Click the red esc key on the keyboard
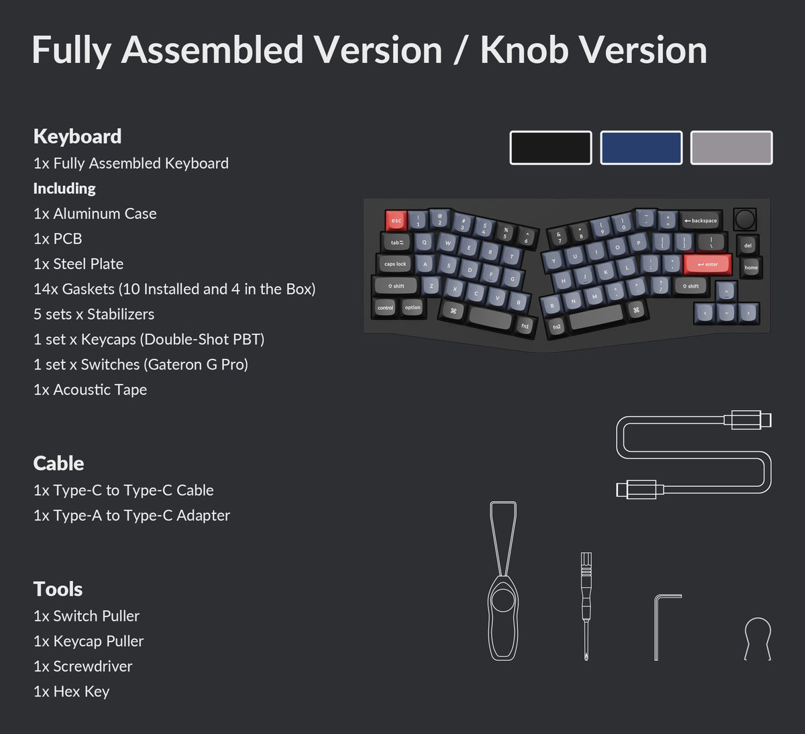coord(396,220)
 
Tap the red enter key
coord(707,264)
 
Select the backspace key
coord(700,220)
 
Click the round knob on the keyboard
coord(745,219)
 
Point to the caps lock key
coord(395,264)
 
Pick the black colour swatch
coord(551,148)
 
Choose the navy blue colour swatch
coord(641,148)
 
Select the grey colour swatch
coord(731,148)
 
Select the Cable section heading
coord(58,463)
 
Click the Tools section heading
coord(58,589)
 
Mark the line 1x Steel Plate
coord(78,264)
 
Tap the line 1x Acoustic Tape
coord(90,390)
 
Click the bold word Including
coord(64,189)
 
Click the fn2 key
coord(557,327)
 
